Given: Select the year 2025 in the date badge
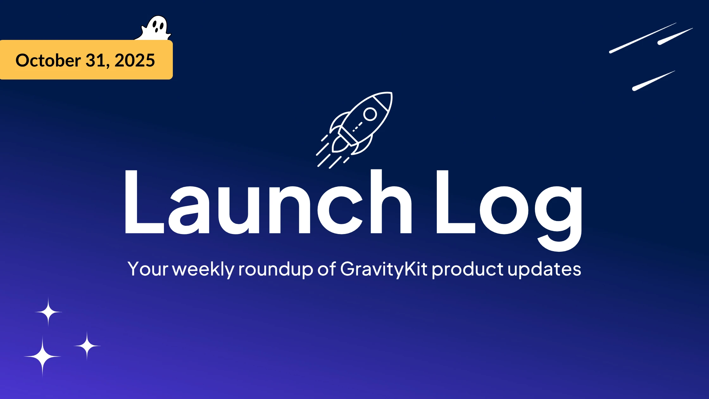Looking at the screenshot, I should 135,60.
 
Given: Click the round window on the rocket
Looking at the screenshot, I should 370,114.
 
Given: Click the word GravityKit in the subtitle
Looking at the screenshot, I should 384,269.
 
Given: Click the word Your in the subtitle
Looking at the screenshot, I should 147,269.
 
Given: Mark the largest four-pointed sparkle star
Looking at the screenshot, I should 42,357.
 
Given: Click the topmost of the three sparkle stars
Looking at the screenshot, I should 48,312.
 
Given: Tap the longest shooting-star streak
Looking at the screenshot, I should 643,38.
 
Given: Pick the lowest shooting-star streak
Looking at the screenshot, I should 653,81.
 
